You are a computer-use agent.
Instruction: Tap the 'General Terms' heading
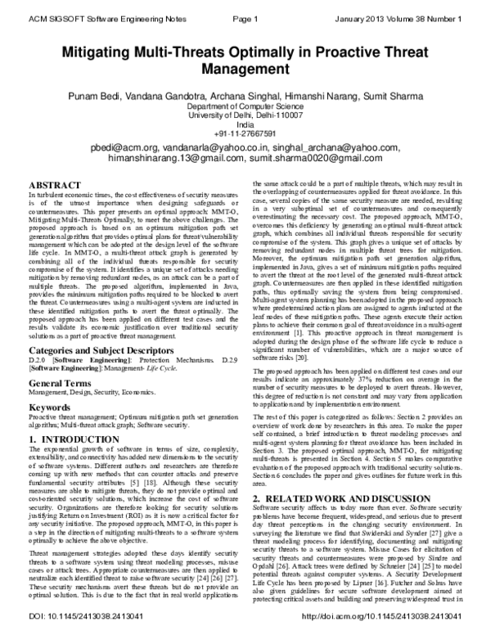61,383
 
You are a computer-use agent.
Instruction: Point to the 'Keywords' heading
49,407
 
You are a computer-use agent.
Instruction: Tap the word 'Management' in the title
245,72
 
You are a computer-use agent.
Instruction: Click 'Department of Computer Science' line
245,107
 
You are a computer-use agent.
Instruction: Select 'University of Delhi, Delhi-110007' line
245,115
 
